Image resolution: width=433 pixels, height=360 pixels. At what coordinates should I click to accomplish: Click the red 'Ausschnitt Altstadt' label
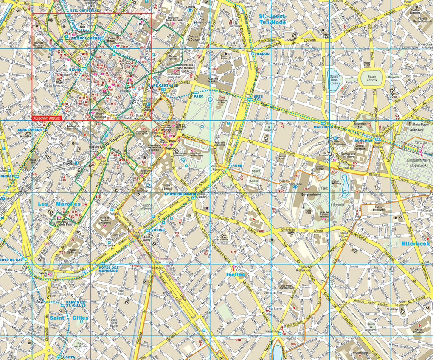[47, 118]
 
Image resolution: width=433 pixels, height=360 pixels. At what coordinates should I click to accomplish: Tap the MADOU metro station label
[263, 54]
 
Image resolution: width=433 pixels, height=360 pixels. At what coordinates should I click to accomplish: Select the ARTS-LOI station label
[259, 98]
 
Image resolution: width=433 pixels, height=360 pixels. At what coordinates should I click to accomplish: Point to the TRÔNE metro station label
[236, 165]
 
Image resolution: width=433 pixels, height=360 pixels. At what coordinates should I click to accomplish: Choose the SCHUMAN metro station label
[364, 140]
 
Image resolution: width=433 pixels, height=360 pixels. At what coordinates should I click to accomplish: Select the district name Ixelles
[236, 274]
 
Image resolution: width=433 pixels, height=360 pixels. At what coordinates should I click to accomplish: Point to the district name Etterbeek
[415, 243]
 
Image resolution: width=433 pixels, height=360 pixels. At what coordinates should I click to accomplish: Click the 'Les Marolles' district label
[59, 204]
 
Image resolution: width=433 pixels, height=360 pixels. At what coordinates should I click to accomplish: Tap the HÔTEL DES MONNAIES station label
[108, 269]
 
